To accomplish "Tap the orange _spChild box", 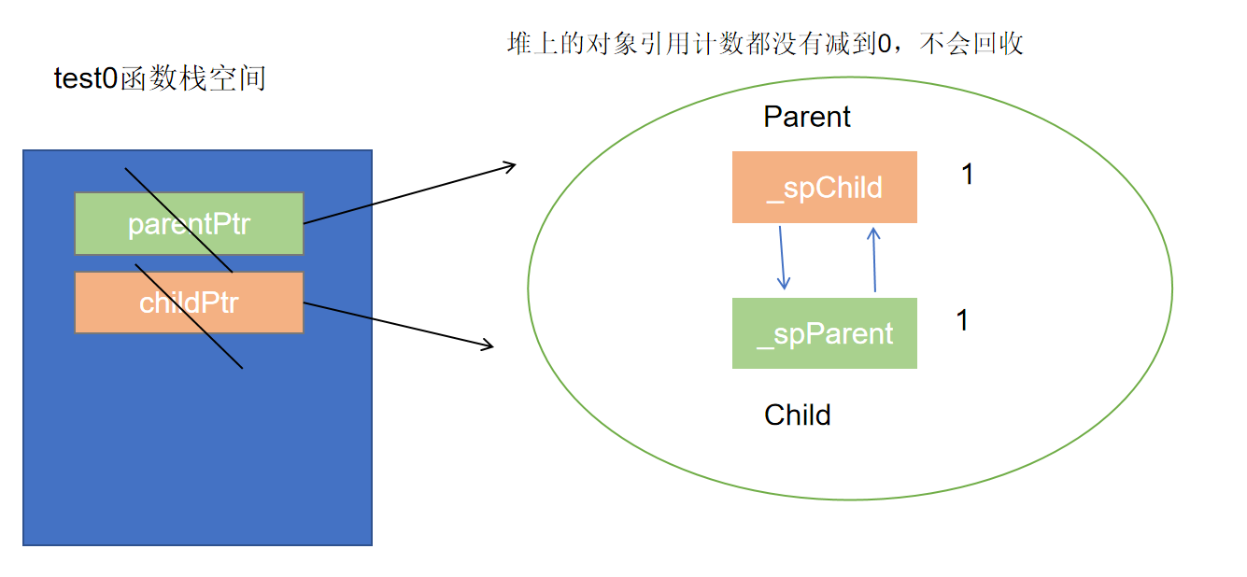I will (824, 188).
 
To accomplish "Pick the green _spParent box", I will (824, 333).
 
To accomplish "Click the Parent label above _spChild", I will (807, 117).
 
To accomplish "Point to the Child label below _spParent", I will (798, 415).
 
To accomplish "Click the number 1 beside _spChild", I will (968, 175).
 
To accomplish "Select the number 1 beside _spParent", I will (963, 320).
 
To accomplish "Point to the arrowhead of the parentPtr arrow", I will (510, 167).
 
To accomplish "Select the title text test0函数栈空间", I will (160, 78).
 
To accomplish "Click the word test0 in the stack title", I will (86, 78).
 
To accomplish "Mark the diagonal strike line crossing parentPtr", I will (178, 221).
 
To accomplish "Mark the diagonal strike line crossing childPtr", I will (190, 317).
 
